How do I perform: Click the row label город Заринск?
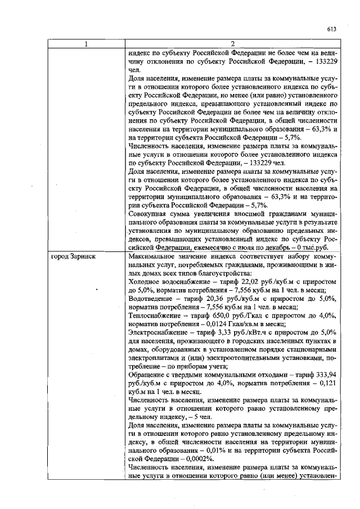point(73,256)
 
